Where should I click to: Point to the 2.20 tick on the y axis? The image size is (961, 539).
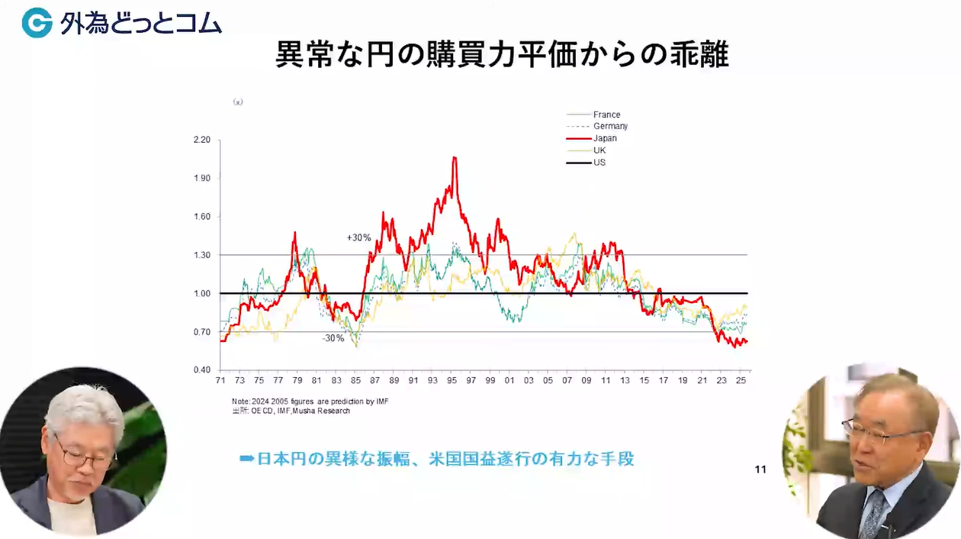(202, 140)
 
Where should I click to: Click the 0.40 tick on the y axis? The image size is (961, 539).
(202, 370)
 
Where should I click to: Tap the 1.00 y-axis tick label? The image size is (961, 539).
(202, 293)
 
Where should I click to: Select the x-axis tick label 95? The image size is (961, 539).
(452, 380)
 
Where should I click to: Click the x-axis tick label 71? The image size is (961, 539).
(220, 380)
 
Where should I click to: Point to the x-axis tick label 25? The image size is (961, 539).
(741, 380)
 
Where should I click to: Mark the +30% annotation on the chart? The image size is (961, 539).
(358, 237)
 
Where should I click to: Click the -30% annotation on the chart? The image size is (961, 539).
(333, 338)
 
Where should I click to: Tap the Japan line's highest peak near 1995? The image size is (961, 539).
(455, 157)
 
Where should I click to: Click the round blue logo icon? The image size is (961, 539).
(37, 23)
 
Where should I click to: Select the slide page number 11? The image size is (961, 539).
(760, 470)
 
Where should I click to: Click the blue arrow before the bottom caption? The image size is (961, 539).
(246, 459)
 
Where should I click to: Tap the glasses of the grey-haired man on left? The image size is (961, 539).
(84, 455)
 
